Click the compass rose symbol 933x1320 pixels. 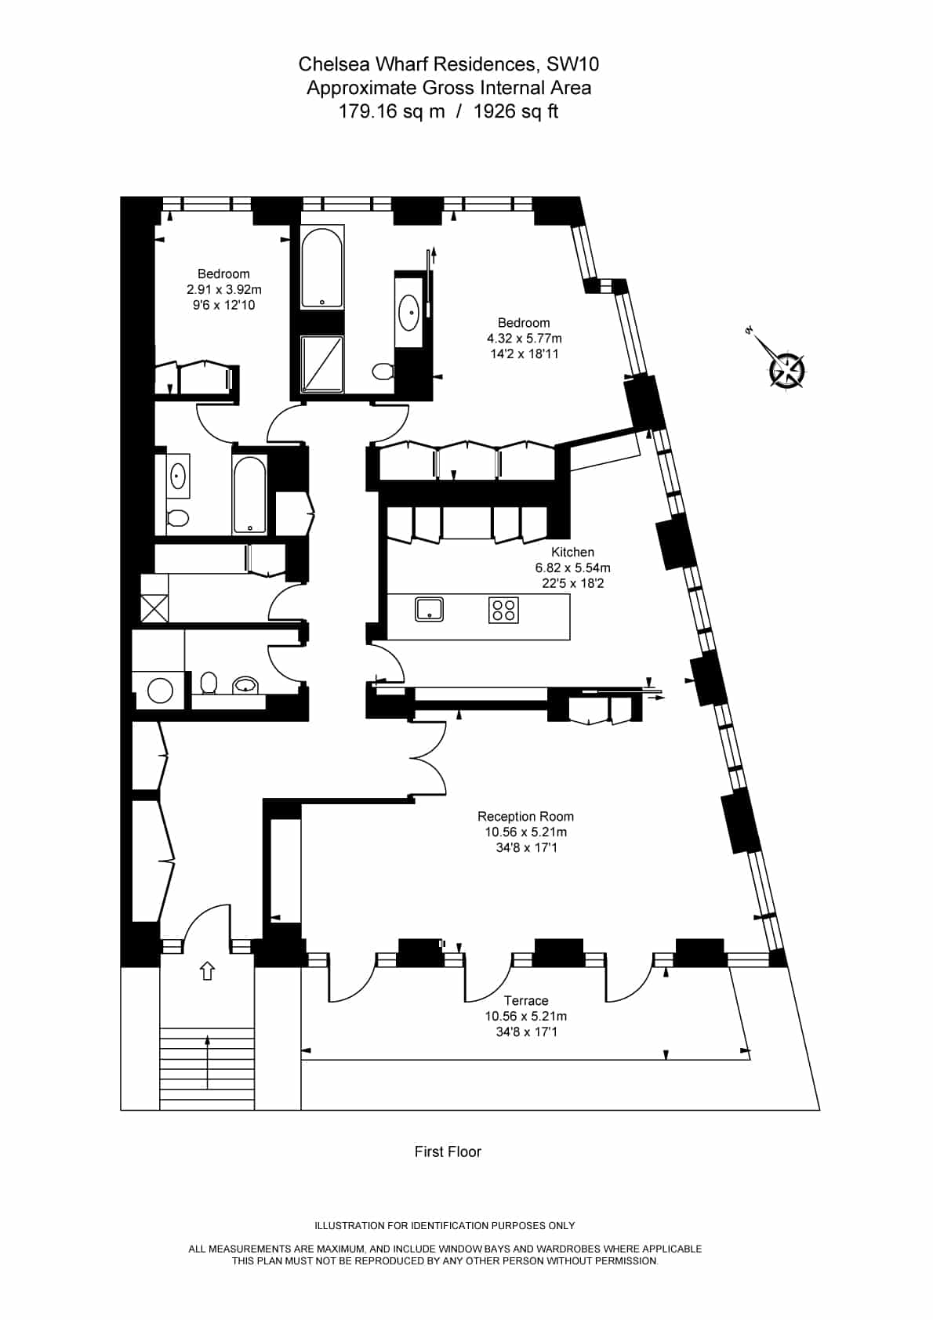(787, 369)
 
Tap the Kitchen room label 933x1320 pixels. (572, 552)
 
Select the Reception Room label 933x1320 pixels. (525, 816)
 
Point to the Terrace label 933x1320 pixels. (526, 1000)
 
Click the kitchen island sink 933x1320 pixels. (429, 609)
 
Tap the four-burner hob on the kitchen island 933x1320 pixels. (503, 610)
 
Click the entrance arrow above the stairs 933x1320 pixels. (207, 970)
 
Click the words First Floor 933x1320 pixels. (448, 1151)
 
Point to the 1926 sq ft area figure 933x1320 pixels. (516, 111)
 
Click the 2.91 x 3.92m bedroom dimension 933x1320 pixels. (224, 289)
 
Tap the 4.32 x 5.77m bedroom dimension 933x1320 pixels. (524, 339)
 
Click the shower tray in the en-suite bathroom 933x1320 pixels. (321, 364)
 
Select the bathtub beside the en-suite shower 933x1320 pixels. (321, 267)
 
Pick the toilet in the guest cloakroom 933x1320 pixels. (209, 683)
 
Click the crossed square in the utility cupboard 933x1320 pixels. (154, 608)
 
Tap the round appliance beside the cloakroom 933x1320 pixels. (160, 691)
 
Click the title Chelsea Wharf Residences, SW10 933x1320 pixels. (448, 63)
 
